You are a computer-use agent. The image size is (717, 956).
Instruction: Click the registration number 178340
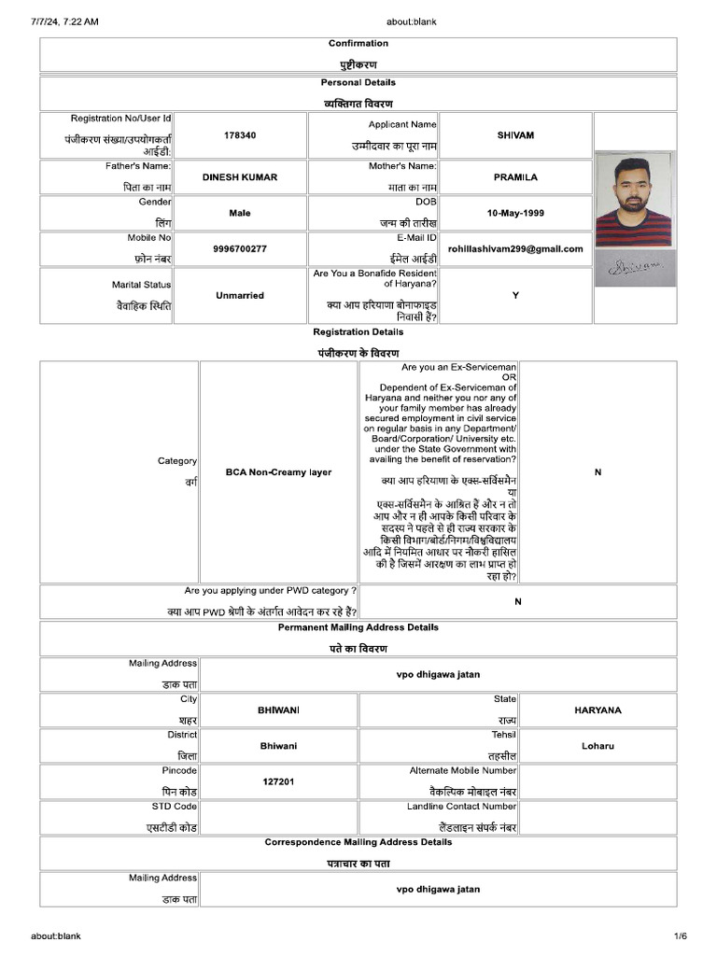pos(240,135)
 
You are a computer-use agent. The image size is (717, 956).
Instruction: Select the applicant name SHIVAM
pos(515,135)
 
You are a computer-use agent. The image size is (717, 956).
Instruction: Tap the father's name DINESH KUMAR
pos(240,177)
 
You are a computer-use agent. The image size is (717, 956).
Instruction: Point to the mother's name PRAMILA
pos(515,177)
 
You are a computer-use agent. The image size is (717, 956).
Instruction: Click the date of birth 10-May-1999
pos(515,213)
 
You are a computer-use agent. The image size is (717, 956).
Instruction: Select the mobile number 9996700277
pos(240,249)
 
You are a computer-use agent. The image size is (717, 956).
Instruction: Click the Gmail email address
pos(515,249)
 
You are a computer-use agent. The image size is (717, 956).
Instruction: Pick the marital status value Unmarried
pos(240,295)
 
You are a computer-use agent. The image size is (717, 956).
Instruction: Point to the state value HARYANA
pos(597,710)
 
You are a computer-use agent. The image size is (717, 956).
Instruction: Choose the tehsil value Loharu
pos(597,746)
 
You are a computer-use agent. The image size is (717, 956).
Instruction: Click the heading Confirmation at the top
pos(358,44)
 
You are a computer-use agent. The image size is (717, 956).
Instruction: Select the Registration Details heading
pos(358,332)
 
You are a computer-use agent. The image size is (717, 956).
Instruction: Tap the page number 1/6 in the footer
pos(681,936)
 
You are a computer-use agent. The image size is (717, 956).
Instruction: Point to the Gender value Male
pos(240,213)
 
